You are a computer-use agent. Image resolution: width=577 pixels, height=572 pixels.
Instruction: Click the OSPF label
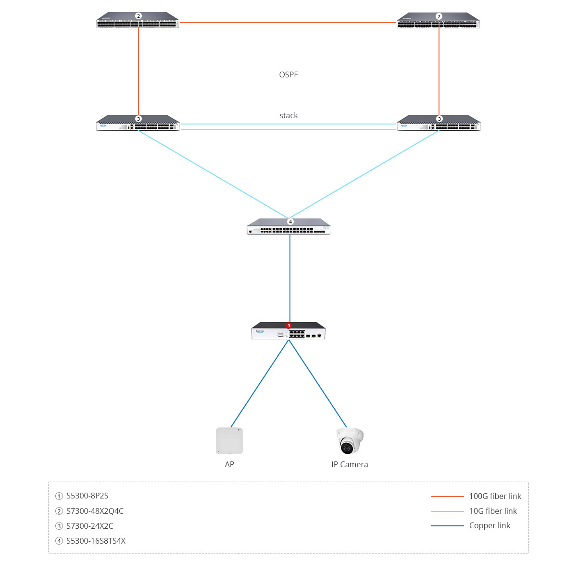pyautogui.click(x=288, y=75)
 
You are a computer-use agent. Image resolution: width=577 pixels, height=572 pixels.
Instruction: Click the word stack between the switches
pyautogui.click(x=288, y=115)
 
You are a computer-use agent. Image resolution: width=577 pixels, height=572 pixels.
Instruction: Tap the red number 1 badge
pyautogui.click(x=288, y=326)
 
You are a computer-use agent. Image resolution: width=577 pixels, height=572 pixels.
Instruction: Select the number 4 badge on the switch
pyautogui.click(x=290, y=222)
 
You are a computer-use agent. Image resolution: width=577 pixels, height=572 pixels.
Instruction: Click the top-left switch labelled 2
pyautogui.click(x=138, y=21)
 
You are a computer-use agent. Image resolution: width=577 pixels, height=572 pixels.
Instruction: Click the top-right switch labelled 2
pyautogui.click(x=438, y=21)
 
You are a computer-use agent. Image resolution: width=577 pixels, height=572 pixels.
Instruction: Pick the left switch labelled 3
pyautogui.click(x=138, y=124)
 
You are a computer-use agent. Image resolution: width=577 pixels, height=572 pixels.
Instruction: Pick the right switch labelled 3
pyautogui.click(x=439, y=124)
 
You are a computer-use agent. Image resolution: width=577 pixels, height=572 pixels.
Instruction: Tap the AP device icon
pyautogui.click(x=229, y=440)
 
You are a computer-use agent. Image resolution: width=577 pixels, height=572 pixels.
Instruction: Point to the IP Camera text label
pyautogui.click(x=350, y=464)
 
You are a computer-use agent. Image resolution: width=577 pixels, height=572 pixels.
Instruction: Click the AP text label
pyautogui.click(x=229, y=464)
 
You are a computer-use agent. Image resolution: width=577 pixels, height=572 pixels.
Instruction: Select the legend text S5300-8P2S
pyautogui.click(x=88, y=496)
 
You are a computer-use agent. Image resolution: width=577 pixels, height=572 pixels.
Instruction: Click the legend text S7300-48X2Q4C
pyautogui.click(x=95, y=511)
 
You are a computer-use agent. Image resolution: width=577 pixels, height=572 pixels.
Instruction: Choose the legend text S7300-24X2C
pyautogui.click(x=90, y=526)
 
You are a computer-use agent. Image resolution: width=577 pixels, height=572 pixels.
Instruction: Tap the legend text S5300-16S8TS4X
pyautogui.click(x=96, y=541)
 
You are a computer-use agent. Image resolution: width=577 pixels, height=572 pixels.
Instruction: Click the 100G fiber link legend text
pyautogui.click(x=495, y=496)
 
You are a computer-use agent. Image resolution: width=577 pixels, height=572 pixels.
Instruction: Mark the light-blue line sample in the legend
pyautogui.click(x=447, y=511)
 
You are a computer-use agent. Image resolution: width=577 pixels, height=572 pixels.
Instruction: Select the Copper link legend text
pyautogui.click(x=489, y=525)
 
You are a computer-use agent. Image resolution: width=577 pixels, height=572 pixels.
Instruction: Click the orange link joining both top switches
pyautogui.click(x=288, y=23)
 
